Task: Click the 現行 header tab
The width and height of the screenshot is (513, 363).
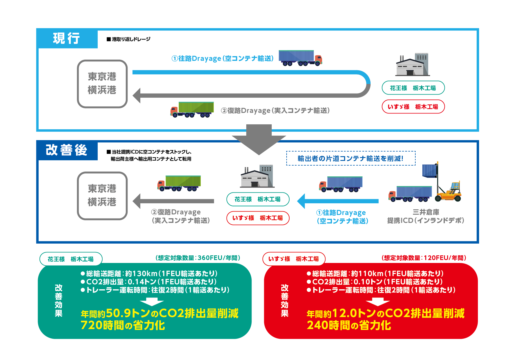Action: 67,38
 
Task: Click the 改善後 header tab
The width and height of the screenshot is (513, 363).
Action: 67,150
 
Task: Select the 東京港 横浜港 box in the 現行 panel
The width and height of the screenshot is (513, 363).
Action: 102,84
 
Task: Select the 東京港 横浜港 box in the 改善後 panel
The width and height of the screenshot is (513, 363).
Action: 102,196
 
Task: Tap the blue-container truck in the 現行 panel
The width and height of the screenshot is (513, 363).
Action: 300,58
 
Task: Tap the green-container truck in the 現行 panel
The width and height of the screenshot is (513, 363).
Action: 192,110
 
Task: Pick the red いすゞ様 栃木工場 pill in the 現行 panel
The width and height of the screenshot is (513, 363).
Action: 413,106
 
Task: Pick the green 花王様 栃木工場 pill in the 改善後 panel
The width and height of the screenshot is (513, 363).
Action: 258,199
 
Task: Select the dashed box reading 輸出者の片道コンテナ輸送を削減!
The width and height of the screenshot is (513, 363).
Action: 351,158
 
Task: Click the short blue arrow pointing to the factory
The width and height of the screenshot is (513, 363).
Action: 338,201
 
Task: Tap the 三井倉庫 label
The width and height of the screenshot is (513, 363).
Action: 426,212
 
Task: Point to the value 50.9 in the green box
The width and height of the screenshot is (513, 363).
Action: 118,313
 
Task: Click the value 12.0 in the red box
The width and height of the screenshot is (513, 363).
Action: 345,313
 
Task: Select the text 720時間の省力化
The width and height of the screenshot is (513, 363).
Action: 123,325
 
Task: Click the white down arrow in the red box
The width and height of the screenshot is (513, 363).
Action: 378,302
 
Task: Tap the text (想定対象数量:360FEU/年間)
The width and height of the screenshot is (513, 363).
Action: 198,258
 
